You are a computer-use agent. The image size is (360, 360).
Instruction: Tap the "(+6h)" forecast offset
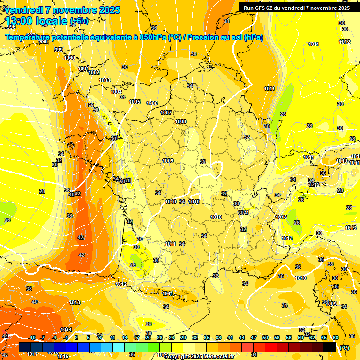[79, 21]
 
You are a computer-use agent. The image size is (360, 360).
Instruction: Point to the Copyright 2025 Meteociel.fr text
[199, 357]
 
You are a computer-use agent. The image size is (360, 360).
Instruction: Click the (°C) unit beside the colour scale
[345, 348]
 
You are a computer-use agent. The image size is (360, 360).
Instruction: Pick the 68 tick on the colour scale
[336, 337]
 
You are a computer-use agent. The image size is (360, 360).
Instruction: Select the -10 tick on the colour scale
[32, 337]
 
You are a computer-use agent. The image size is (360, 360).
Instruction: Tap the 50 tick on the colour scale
[265, 337]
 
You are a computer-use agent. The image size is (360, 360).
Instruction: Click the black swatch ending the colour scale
[330, 347]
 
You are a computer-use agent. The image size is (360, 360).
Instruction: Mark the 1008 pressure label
[180, 121]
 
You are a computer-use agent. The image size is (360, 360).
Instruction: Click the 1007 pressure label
[166, 112]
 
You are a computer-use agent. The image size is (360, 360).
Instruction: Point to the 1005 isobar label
[135, 102]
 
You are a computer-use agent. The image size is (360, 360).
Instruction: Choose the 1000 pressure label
[69, 58]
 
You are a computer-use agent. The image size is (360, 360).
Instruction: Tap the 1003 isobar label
[105, 80]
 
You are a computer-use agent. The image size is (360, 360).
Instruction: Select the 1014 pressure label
[66, 330]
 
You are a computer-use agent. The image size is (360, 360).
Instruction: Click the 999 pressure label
[59, 50]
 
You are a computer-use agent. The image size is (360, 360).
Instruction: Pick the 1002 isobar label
[94, 72]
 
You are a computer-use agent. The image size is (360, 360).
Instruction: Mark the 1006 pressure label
[152, 103]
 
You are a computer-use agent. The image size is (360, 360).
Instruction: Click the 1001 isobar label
[83, 68]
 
